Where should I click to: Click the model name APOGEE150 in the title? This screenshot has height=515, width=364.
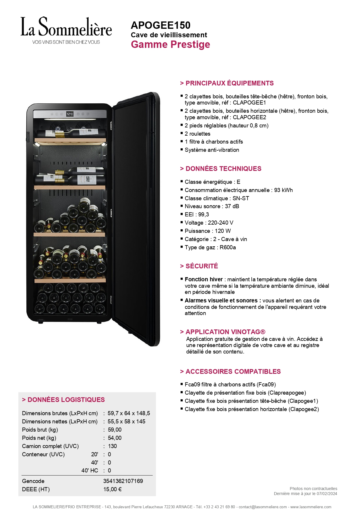(x=160, y=25)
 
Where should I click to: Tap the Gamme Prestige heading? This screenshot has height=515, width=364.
(x=170, y=45)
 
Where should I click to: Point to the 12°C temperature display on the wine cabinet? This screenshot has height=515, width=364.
(x=70, y=114)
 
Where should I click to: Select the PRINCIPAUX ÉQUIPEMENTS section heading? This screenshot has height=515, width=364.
(x=229, y=83)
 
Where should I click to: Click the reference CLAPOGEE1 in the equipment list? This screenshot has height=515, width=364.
(x=249, y=103)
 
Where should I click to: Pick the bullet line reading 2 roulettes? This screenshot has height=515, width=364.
(x=197, y=134)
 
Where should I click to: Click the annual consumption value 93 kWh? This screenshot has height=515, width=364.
(x=283, y=190)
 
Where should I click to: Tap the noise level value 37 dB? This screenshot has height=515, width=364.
(x=232, y=206)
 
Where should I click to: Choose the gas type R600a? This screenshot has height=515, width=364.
(x=228, y=248)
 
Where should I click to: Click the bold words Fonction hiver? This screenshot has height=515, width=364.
(x=204, y=280)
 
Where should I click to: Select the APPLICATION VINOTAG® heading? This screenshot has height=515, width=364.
(x=225, y=332)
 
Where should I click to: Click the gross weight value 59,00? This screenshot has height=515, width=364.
(x=115, y=430)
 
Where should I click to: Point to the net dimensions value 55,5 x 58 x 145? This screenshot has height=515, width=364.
(x=126, y=422)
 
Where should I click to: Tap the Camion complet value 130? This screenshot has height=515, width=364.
(x=112, y=446)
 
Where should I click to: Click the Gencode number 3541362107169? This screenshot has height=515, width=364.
(x=123, y=481)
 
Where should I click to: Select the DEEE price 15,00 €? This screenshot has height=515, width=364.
(x=113, y=489)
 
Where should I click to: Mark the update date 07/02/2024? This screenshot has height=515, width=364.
(x=327, y=494)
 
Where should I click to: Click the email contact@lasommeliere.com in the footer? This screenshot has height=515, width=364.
(x=263, y=507)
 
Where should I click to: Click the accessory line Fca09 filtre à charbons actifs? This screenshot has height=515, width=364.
(x=230, y=385)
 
